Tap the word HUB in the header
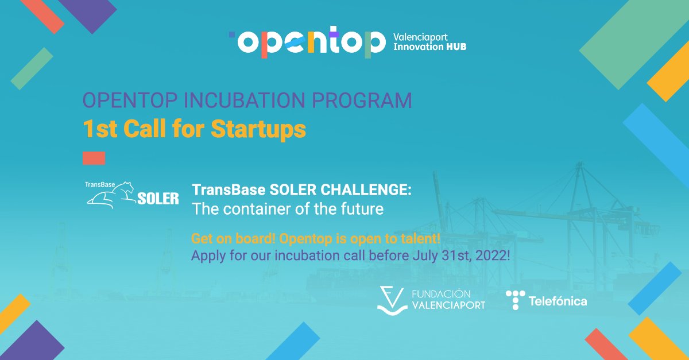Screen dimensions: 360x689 (456, 47)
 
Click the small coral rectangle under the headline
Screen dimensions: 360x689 (94, 158)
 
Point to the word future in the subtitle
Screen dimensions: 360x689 (363, 209)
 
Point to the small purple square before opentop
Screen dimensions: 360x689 (231, 34)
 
